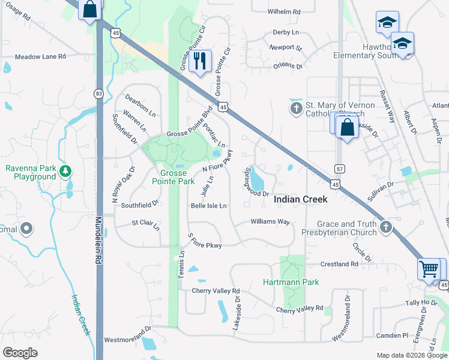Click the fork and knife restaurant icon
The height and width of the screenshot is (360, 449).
200,60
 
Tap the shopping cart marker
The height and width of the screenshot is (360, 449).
429,269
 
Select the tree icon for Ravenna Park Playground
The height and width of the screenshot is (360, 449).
65,172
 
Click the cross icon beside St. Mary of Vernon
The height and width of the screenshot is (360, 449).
296,109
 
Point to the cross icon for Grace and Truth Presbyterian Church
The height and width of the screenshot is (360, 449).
385,227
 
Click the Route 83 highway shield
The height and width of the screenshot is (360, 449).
98,93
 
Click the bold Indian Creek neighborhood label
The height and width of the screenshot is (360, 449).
301,199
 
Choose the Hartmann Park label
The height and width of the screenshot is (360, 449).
291,282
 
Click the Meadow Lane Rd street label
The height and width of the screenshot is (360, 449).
40,56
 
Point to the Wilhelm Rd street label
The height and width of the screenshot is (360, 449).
284,11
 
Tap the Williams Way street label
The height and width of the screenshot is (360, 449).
270,222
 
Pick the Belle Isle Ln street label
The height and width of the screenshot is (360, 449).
208,206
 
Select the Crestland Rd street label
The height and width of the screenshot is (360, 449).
339,264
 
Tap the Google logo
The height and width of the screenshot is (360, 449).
20,353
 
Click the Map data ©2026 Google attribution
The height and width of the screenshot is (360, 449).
411,355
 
